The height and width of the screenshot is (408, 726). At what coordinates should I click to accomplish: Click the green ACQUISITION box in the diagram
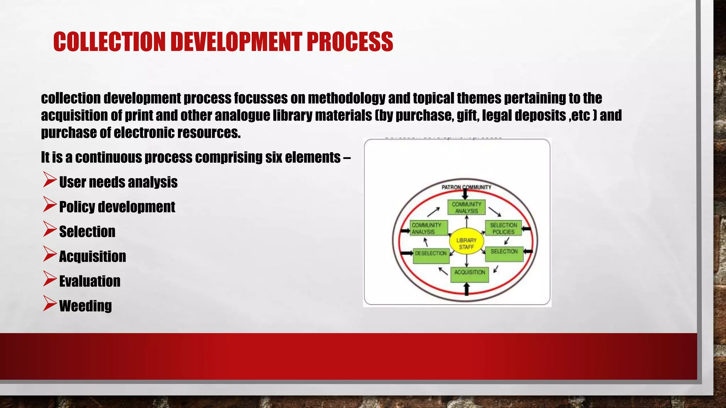click(469, 274)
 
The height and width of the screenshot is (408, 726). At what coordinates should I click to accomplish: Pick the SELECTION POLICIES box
click(503, 228)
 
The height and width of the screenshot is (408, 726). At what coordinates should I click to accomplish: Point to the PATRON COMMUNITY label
click(466, 187)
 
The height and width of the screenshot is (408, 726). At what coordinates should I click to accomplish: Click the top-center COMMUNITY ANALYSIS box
click(466, 208)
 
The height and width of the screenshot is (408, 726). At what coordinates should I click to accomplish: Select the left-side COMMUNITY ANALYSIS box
click(429, 228)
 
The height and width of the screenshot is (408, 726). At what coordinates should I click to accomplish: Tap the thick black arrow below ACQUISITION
click(467, 289)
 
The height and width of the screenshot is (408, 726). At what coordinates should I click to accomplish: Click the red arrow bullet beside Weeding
click(50, 304)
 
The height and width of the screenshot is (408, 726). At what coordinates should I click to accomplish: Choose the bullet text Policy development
click(117, 207)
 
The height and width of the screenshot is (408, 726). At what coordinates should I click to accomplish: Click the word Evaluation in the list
click(90, 281)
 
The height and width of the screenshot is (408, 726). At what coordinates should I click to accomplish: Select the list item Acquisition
click(93, 256)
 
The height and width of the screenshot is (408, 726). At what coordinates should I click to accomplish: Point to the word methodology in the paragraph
click(346, 98)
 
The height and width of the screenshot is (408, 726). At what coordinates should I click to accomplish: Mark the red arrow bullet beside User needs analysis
click(50, 180)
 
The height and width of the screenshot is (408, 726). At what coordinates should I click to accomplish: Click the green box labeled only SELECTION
click(504, 254)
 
